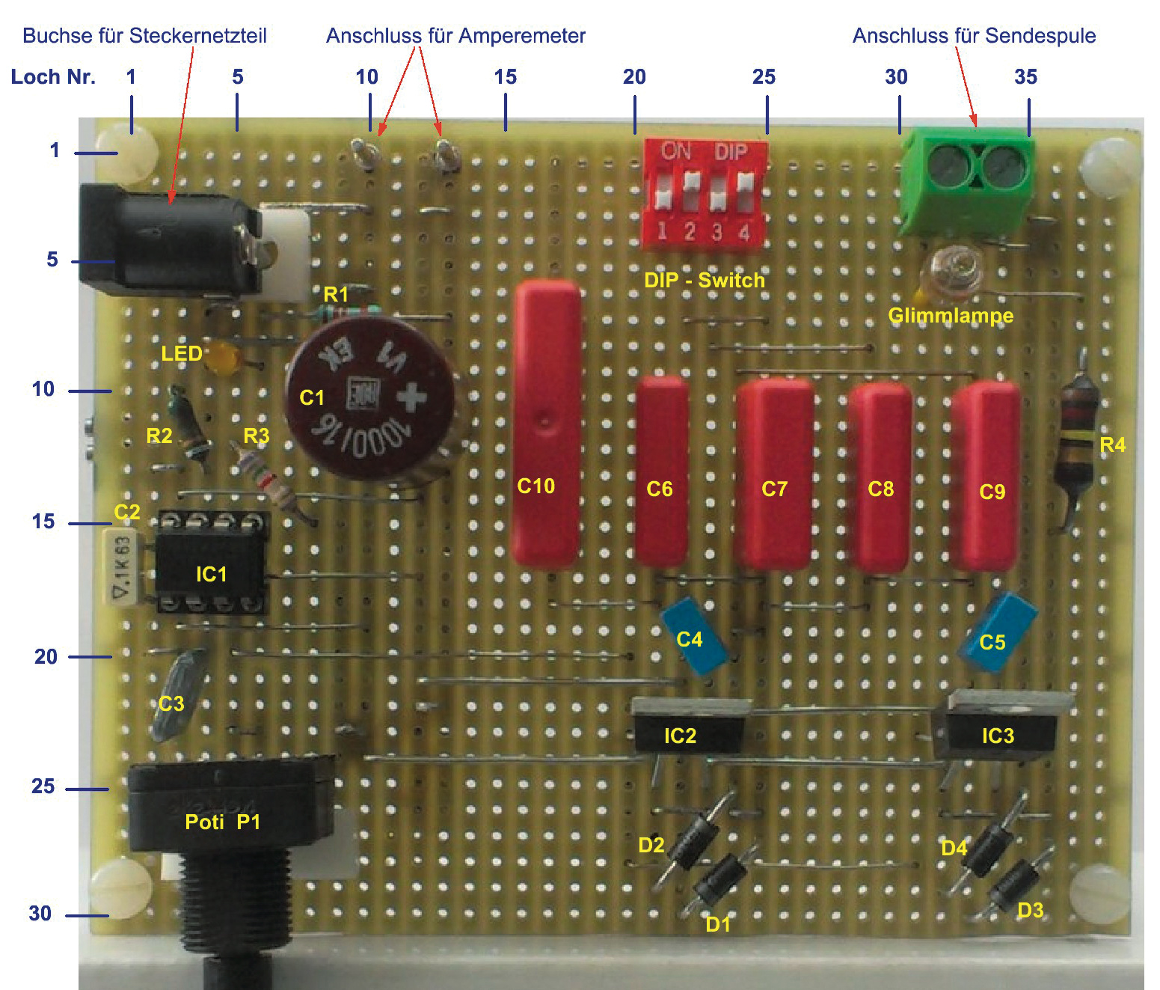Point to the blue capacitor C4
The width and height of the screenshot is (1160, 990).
pos(694,635)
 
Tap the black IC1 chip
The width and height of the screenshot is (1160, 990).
pos(211,563)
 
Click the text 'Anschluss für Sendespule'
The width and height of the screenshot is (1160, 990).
pos(974,35)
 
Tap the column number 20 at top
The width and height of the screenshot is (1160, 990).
pos(634,76)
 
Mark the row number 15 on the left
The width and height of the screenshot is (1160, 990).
pos(43,522)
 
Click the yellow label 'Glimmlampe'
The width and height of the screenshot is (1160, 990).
pos(951,315)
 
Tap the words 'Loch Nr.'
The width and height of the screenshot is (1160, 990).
pos(53,76)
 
